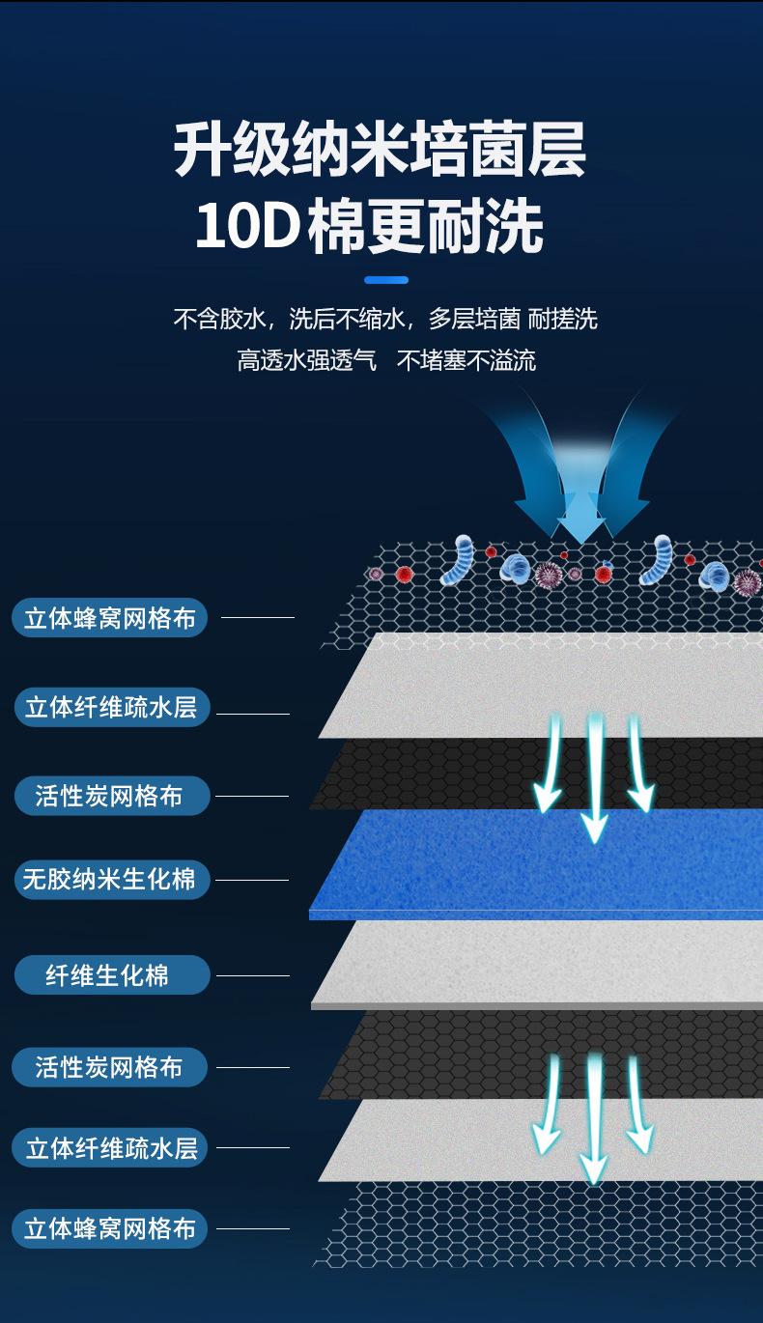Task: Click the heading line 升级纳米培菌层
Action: tap(380, 152)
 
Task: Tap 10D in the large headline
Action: tap(245, 228)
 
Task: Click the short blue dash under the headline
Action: tap(386, 280)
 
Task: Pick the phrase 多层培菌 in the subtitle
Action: tap(474, 319)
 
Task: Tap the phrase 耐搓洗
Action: tap(564, 319)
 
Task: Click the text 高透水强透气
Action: tap(306, 361)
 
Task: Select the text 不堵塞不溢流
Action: tap(466, 361)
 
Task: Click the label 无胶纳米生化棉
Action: tap(109, 880)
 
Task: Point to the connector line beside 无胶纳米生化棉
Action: tap(251, 880)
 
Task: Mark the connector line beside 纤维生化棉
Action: tap(253, 975)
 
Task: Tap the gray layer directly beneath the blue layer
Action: tap(541, 961)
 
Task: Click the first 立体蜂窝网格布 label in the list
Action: tap(109, 618)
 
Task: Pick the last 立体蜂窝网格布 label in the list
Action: tap(109, 1228)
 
